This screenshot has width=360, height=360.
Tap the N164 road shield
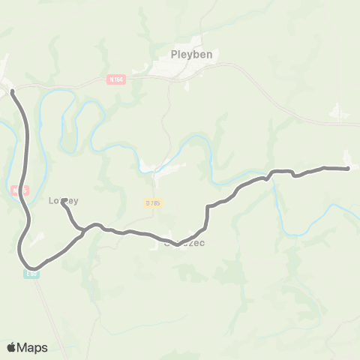(115, 78)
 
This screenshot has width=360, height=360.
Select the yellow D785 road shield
(154, 202)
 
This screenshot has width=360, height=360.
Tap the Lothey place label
(64, 200)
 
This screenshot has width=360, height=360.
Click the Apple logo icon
(12, 347)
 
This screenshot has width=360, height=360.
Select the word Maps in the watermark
(32, 347)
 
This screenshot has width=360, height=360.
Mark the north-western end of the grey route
(12, 91)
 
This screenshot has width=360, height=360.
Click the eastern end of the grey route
(349, 169)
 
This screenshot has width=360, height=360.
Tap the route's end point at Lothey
(64, 200)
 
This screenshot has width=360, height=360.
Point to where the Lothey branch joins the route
(81, 231)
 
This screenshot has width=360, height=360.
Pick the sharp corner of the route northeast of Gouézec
(208, 206)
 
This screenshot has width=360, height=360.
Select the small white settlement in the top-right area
(339, 112)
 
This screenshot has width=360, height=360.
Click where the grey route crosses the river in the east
(274, 172)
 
